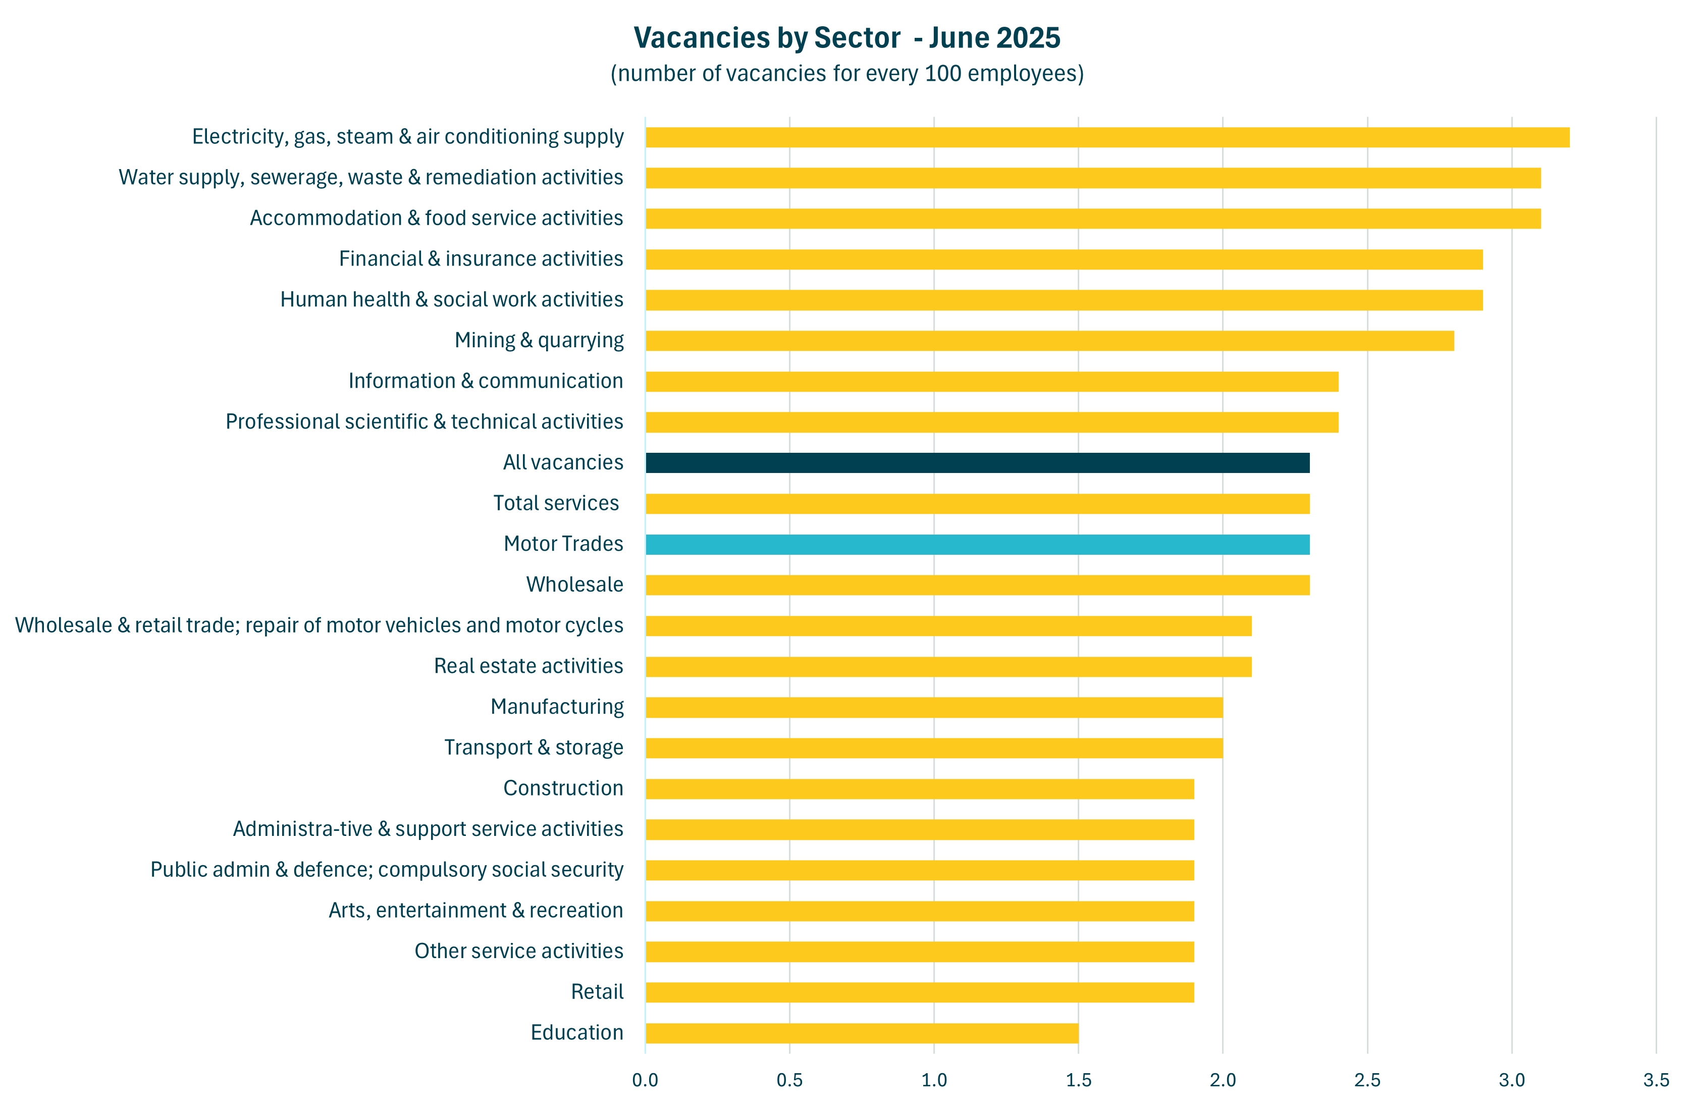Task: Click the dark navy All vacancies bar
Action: (x=977, y=463)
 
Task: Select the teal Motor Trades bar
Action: (x=977, y=544)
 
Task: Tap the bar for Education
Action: (x=862, y=1033)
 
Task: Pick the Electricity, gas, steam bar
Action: (x=1107, y=137)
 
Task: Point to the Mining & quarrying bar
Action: (x=1050, y=341)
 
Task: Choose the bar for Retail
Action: (x=920, y=992)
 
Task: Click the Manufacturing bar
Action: (x=934, y=707)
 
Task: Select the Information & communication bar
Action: (x=992, y=382)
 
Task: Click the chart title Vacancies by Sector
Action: (x=847, y=38)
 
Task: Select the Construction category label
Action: (x=563, y=788)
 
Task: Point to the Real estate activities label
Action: (x=528, y=666)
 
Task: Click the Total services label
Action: (x=556, y=504)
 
